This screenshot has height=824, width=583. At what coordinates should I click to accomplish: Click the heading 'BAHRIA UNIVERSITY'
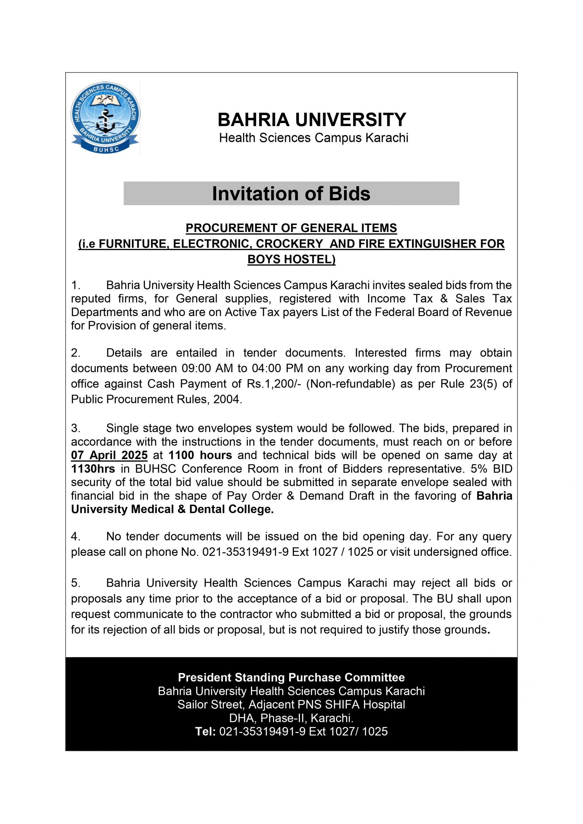312,119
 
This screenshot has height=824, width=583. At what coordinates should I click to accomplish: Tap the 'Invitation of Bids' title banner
291,193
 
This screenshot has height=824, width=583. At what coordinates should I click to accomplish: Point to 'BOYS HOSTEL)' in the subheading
291,259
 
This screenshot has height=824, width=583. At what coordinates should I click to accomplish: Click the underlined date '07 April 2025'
109,455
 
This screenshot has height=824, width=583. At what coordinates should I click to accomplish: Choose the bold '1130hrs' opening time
93,469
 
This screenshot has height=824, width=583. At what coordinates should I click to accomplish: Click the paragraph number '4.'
75,537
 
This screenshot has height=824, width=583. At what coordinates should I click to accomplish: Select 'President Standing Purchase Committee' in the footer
291,677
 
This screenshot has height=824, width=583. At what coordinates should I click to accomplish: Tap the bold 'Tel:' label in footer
205,731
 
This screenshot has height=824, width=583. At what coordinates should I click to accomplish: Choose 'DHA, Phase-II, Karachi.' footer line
291,718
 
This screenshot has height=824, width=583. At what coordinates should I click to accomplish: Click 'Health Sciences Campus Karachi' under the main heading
314,138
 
